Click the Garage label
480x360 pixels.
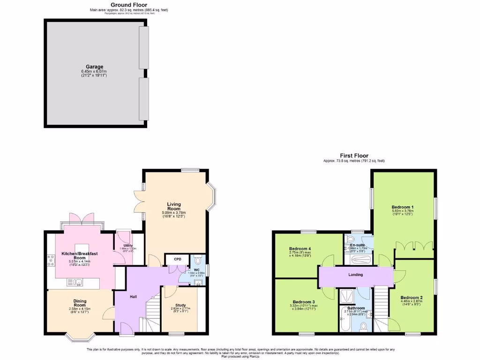(x=94, y=67)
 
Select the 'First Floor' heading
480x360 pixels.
(x=354, y=156)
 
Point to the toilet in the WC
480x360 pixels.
(x=198, y=260)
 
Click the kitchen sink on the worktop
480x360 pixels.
(x=75, y=282)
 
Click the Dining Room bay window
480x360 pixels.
(x=79, y=336)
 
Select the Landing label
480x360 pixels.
(x=355, y=275)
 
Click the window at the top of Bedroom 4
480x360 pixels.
(x=308, y=232)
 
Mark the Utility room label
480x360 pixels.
(x=127, y=246)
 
